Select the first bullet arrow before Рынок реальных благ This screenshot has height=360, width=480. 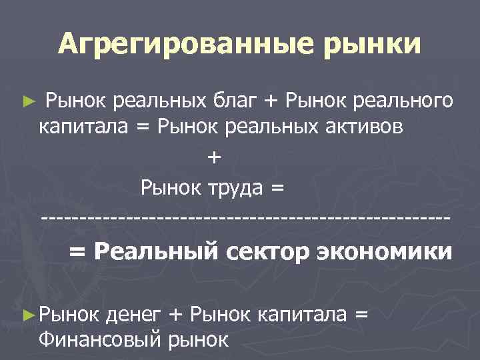click(x=27, y=103)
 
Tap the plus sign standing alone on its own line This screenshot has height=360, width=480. click(x=213, y=158)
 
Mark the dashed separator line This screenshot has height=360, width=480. click(x=245, y=218)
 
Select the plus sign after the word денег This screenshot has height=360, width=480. click(x=176, y=314)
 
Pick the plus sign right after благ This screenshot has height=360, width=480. click(x=270, y=102)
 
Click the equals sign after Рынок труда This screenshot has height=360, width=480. click(x=277, y=189)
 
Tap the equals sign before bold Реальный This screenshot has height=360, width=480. click(x=78, y=253)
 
